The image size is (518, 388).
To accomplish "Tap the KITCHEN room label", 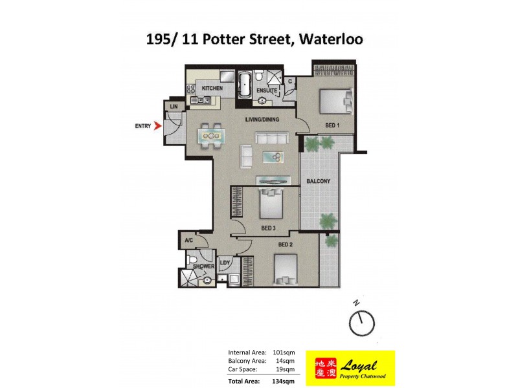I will tap(212, 88).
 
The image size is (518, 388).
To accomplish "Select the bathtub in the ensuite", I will tap(245, 86).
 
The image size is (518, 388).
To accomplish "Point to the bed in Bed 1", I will tap(335, 100).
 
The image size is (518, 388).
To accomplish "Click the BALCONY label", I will tap(319, 182).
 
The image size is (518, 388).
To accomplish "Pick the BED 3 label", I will tap(269, 228).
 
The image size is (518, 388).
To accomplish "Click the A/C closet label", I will tap(189, 241).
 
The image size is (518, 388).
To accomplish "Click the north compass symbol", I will tap(361, 321).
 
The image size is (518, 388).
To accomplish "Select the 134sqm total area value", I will tap(284, 381).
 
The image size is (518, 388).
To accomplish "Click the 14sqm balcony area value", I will tap(285, 361).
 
